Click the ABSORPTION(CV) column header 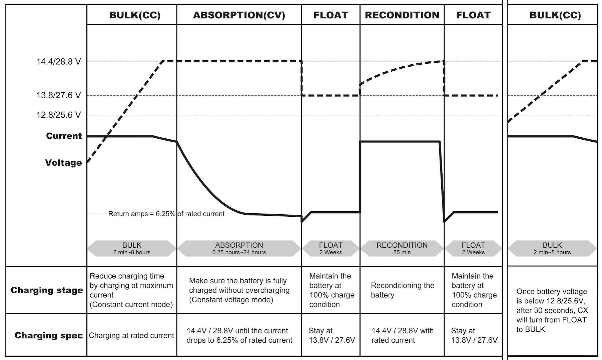(239, 15)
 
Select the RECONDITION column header (402, 15)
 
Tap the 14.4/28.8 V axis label (58, 62)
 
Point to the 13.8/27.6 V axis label (58, 95)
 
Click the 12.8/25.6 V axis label (58, 115)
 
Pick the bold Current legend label (64, 136)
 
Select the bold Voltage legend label (63, 163)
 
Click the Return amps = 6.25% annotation (166, 214)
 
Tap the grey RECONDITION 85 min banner (402, 248)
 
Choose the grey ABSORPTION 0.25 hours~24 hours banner (239, 248)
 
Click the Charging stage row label (47, 290)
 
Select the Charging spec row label (49, 335)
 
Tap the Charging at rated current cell (131, 335)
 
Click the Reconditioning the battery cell (402, 290)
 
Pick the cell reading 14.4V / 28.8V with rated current (402, 335)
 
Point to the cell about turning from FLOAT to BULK (552, 310)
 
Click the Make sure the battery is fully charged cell (239, 290)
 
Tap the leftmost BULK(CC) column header (135, 15)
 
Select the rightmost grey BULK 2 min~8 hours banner (552, 248)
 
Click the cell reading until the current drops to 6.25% (239, 335)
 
